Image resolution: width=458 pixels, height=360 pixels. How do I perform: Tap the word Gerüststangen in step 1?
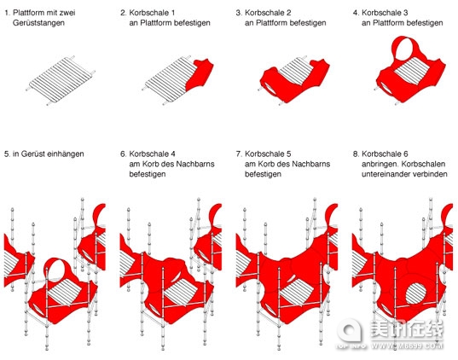(38, 23)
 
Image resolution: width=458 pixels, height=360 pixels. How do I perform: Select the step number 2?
(124, 13)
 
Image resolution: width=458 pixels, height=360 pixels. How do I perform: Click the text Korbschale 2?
(268, 13)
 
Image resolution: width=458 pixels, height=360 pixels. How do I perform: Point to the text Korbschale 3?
(385, 13)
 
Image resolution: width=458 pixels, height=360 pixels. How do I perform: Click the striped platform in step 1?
(60, 80)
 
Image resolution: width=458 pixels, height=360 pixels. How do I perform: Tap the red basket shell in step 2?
(200, 74)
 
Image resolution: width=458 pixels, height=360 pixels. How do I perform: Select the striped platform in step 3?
(294, 71)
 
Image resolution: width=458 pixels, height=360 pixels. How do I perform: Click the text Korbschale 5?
(268, 154)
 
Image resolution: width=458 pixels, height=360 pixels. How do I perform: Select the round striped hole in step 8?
(415, 293)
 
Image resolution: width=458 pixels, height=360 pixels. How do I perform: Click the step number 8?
(356, 154)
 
